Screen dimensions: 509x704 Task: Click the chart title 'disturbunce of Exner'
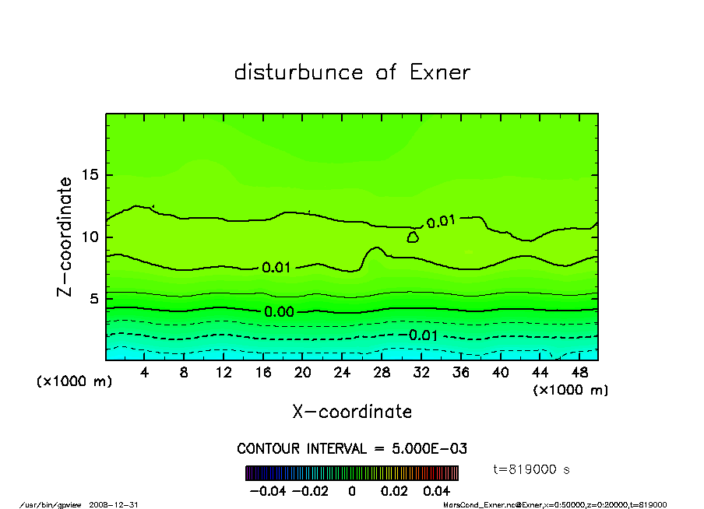click(352, 72)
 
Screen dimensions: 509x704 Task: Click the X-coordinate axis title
click(352, 412)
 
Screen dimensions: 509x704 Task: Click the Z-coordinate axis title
click(66, 237)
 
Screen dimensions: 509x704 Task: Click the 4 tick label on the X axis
click(145, 373)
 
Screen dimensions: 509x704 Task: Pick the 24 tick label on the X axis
click(342, 373)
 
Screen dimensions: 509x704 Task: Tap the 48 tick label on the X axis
click(579, 373)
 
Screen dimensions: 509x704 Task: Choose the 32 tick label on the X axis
click(421, 373)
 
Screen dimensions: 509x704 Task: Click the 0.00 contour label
click(279, 312)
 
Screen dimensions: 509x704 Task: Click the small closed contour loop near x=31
click(413, 237)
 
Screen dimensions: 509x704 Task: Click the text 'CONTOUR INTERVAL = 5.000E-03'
click(352, 449)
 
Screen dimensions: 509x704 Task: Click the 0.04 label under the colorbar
click(436, 491)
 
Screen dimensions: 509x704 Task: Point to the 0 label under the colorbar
click(352, 491)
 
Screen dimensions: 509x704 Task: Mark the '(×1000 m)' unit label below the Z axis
click(70, 383)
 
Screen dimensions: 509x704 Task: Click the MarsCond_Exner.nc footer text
click(554, 504)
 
